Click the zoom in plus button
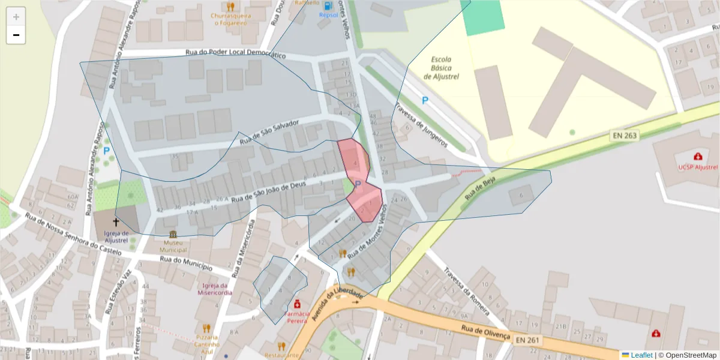click(16, 17)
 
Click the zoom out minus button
click(16, 35)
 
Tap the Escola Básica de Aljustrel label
click(441, 68)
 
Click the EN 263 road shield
click(625, 136)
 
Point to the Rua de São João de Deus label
click(269, 191)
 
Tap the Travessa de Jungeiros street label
click(421, 125)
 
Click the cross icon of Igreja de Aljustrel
click(116, 222)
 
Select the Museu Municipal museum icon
click(173, 235)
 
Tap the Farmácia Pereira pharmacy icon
click(296, 304)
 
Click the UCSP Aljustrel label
click(698, 167)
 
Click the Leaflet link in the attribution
click(641, 355)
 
